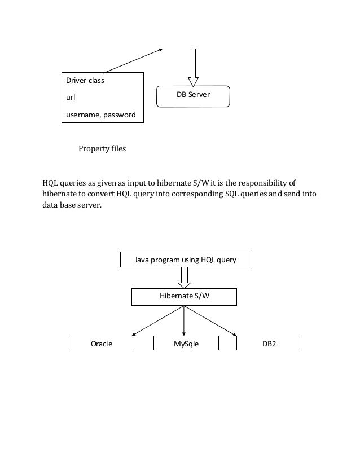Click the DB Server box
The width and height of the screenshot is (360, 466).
194,95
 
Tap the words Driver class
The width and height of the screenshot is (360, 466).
85,81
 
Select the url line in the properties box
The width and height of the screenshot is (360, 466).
71,98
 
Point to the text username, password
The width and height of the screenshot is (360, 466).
101,115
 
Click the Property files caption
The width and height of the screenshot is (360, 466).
102,150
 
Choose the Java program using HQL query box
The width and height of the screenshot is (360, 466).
186,260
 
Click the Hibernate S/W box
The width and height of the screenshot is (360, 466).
184,296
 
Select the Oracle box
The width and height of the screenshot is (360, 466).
102,343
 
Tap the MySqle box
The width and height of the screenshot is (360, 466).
185,343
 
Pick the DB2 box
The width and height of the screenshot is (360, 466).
269,343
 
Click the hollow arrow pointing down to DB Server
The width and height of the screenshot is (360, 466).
194,67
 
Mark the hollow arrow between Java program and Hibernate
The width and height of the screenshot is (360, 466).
184,277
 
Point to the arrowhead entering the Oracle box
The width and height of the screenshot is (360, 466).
133,334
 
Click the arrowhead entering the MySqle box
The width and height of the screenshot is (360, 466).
184,333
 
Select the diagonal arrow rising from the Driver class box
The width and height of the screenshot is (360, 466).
133,60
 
